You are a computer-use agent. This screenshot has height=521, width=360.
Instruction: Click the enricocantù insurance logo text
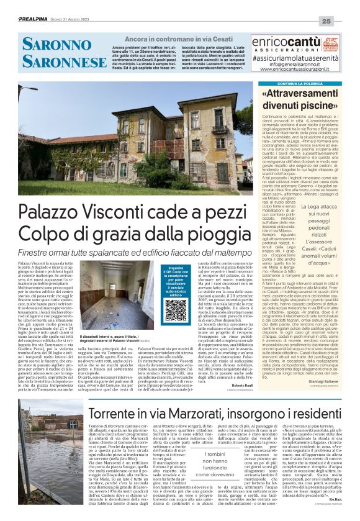292,42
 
